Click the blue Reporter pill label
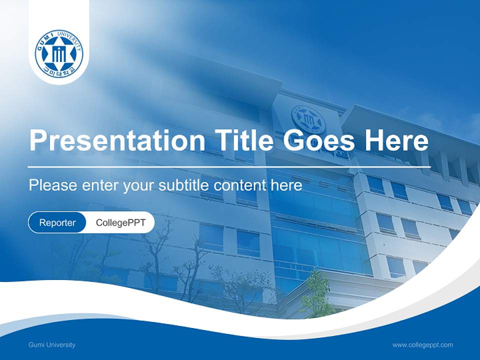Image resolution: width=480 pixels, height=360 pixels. [x=57, y=222]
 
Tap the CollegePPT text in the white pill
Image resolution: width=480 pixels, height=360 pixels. [x=120, y=222]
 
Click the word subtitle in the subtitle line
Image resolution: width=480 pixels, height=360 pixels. [x=184, y=185]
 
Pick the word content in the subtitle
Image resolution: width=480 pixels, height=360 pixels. [x=239, y=185]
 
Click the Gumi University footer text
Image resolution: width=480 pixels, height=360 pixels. [x=52, y=344]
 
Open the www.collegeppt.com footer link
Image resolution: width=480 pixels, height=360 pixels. [x=422, y=344]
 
